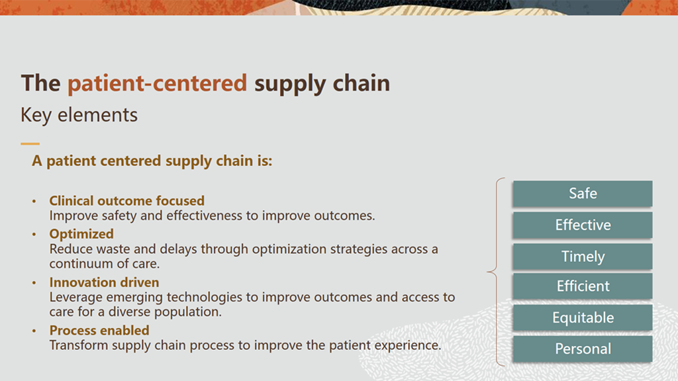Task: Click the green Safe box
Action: (x=583, y=194)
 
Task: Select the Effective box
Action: (x=583, y=225)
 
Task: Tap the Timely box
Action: (x=583, y=256)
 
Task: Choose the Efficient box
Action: (x=583, y=286)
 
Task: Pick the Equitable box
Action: (x=583, y=317)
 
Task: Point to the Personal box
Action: (x=583, y=349)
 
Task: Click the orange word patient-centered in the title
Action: (x=157, y=83)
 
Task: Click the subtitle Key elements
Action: (x=79, y=115)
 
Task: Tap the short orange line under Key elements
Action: (x=30, y=144)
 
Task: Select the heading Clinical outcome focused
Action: (x=126, y=200)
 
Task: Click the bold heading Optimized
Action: (x=81, y=234)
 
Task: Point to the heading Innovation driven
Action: (x=104, y=282)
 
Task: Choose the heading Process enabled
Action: (x=99, y=331)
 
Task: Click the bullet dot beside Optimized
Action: (x=34, y=235)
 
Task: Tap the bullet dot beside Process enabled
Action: (x=34, y=331)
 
